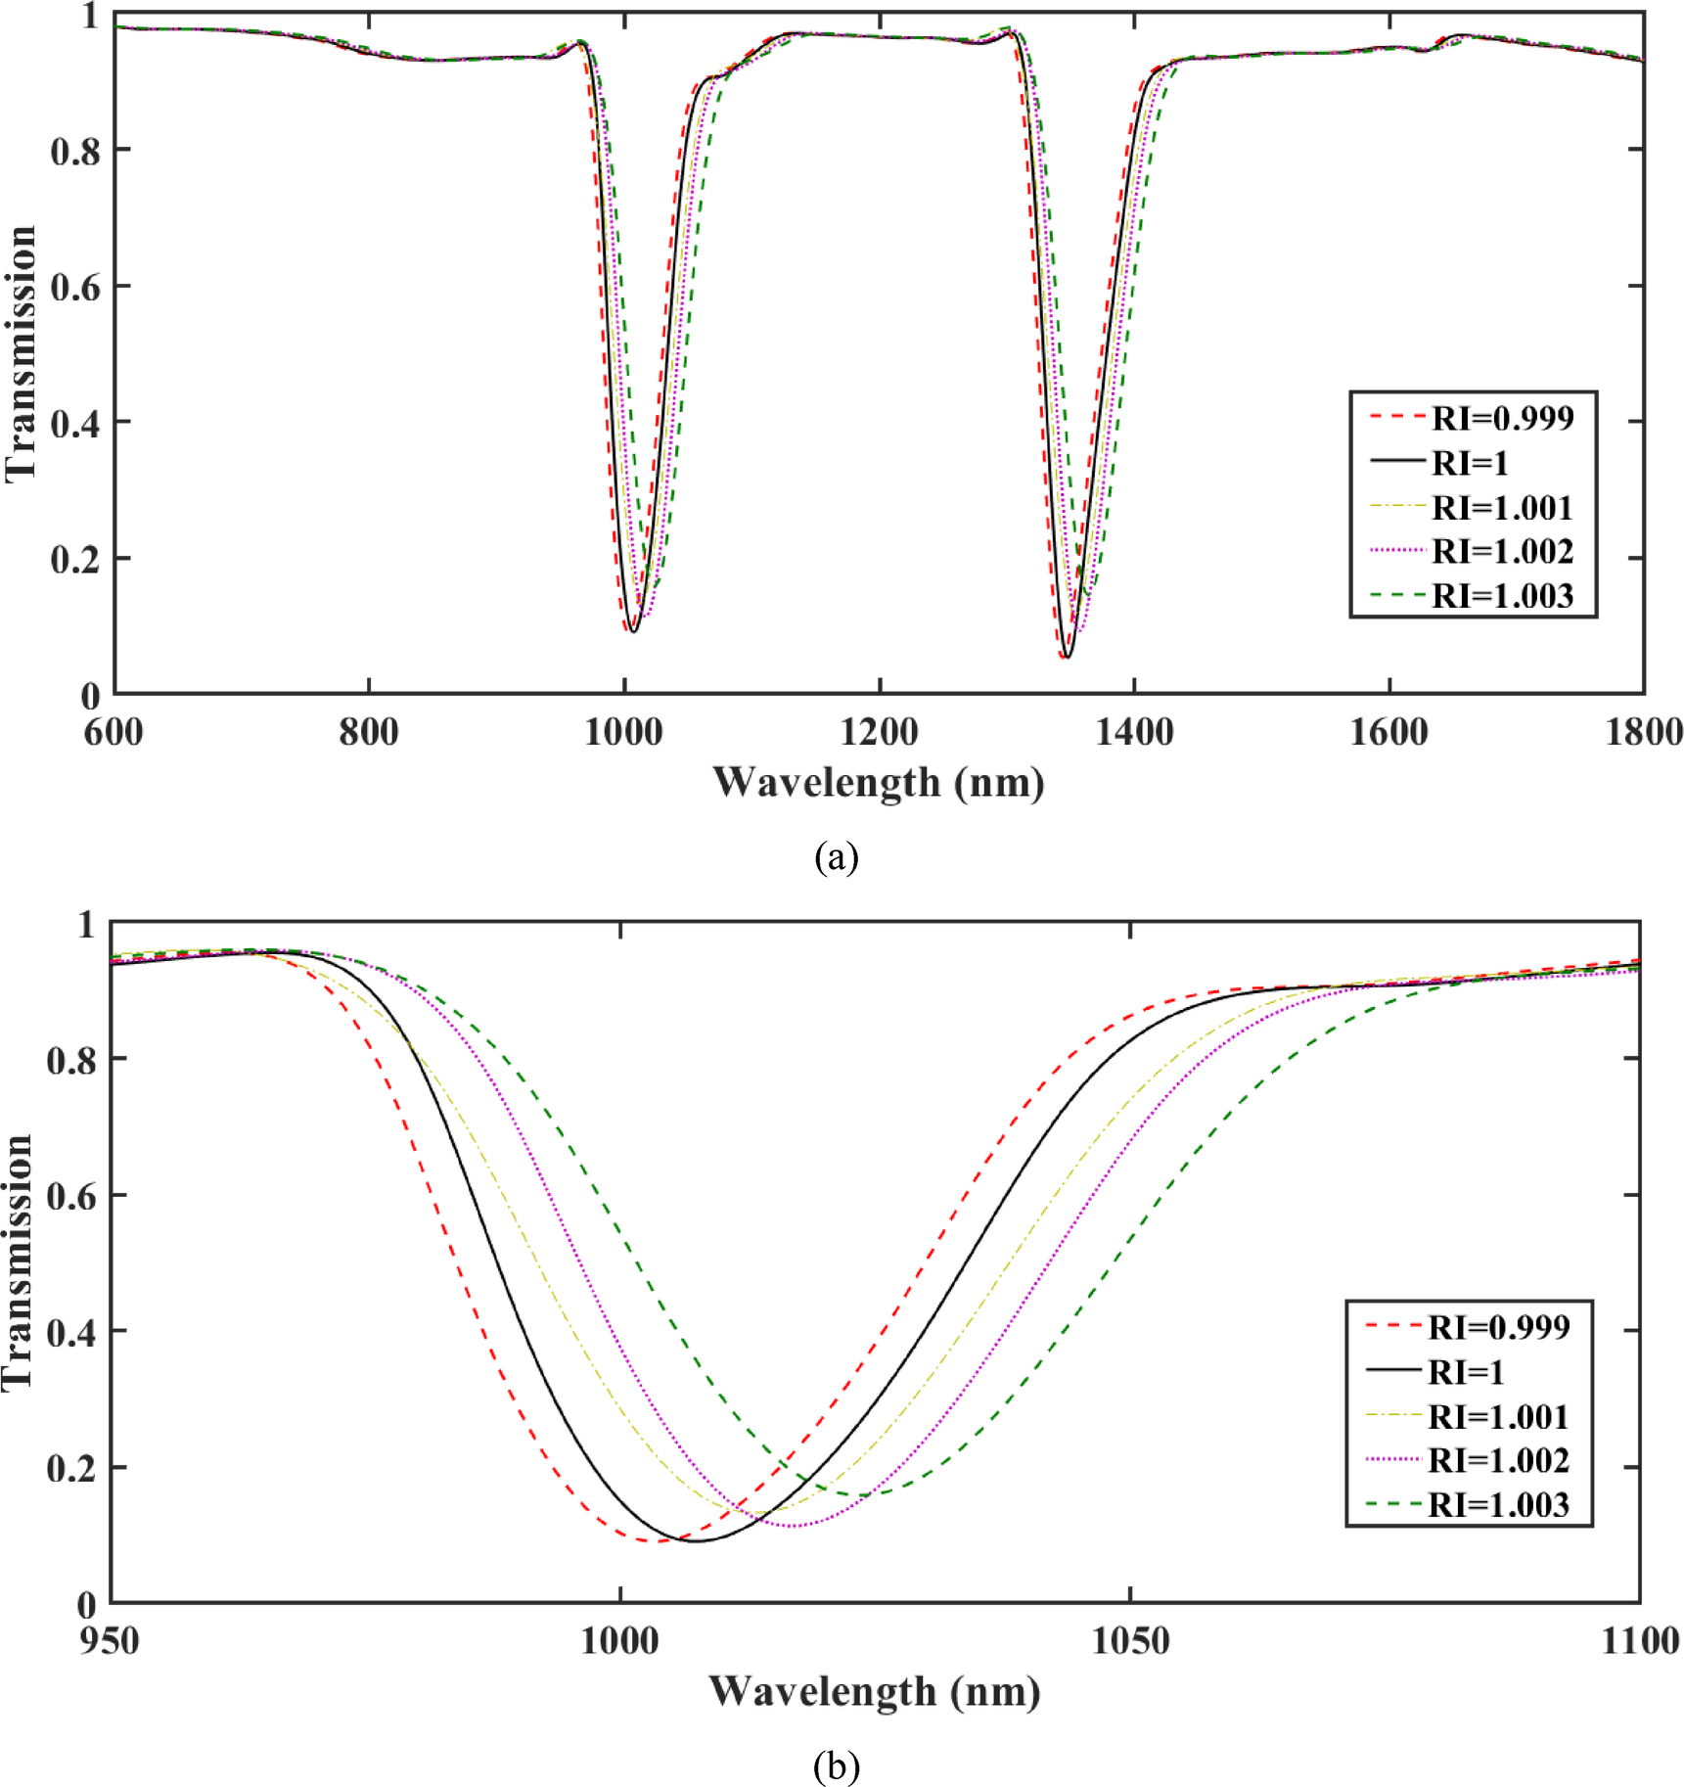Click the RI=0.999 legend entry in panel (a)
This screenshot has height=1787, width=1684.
[1502, 418]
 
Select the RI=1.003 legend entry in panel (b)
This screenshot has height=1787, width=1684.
[1498, 1504]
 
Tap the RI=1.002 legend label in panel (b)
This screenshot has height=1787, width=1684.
[1498, 1460]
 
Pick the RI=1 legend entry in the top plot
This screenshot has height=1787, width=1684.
[1470, 462]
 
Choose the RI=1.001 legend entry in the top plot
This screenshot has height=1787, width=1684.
[1502, 507]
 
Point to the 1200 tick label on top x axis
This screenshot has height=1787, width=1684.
[879, 732]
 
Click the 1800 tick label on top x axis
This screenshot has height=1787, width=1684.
[1643, 732]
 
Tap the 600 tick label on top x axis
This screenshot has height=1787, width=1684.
[114, 732]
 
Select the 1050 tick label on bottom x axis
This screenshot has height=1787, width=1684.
[1129, 1641]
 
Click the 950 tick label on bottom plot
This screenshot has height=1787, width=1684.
[110, 1641]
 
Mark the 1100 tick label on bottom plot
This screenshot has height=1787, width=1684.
[1639, 1641]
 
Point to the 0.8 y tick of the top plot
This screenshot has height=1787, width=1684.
[75, 152]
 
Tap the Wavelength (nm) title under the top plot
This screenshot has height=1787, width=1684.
[878, 783]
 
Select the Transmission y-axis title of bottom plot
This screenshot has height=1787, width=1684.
[18, 1262]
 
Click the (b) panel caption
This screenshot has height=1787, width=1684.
[836, 1765]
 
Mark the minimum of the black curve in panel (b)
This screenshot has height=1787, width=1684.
[697, 1541]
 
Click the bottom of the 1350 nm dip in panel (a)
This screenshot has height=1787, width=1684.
[1067, 657]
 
